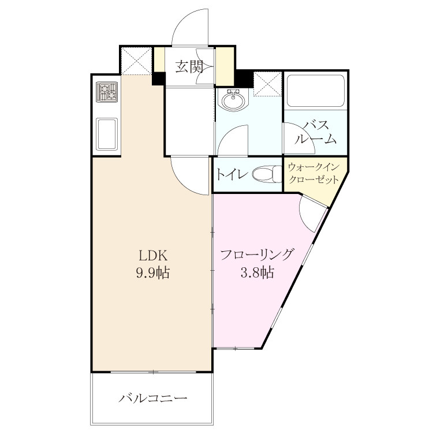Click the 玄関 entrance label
point(189,66)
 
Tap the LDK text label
point(153,255)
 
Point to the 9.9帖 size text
point(152,273)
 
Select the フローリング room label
point(256,255)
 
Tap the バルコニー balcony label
point(153,398)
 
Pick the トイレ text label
point(231,174)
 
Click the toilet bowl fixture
point(267,174)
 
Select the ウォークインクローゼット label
point(313,174)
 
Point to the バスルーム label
point(316,133)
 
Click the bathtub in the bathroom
point(315,91)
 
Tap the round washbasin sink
point(234,100)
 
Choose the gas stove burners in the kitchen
point(107,92)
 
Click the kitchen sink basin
point(107,134)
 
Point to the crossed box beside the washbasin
point(267,84)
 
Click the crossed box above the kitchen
point(137,61)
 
